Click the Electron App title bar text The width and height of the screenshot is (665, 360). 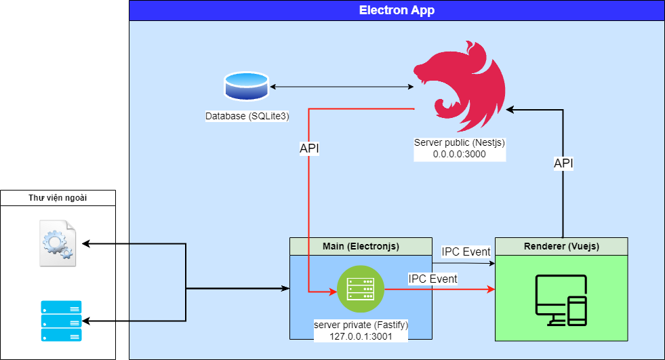click(397, 10)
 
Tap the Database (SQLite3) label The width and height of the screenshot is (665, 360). click(247, 117)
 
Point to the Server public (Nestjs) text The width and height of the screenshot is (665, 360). click(460, 143)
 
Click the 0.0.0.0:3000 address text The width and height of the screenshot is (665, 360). click(460, 154)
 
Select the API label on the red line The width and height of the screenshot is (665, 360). click(309, 148)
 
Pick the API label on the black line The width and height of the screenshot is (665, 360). click(563, 163)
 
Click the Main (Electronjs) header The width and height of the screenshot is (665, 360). click(361, 245)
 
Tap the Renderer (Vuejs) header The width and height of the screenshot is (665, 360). click(561, 245)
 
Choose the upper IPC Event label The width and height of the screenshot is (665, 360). click(466, 252)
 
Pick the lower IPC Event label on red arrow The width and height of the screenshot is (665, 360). click(432, 279)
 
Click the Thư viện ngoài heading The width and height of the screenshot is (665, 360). click(58, 198)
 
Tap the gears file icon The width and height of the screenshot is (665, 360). click(58, 243)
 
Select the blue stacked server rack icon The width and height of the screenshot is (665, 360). click(61, 321)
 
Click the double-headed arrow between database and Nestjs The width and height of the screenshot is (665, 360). click(341, 87)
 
